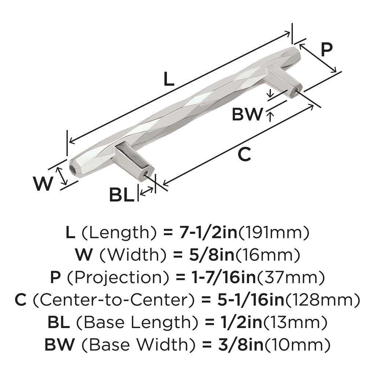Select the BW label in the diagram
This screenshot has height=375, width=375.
coord(248,115)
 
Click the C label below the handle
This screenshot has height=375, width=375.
coord(244,155)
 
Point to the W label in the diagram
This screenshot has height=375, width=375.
coord(43,184)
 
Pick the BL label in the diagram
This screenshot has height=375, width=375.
coord(122,195)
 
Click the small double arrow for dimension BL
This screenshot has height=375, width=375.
coord(147,190)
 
